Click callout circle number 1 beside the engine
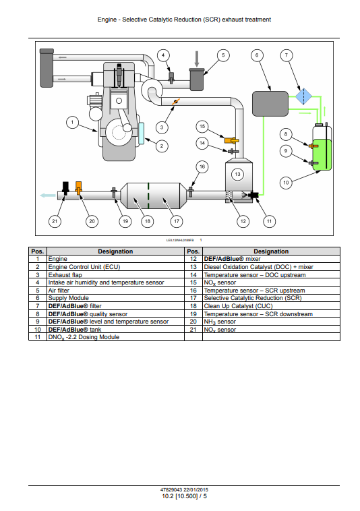(72, 123)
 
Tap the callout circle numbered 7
(287, 55)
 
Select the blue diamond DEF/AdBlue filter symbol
(303, 96)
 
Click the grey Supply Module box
(270, 104)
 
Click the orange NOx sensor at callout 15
(231, 140)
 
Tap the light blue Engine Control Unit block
(141, 133)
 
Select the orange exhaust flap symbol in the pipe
(175, 102)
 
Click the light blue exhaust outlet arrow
(48, 196)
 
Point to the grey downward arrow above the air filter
(197, 59)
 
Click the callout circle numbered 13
(237, 174)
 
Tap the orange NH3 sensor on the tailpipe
(78, 188)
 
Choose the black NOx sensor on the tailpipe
(65, 188)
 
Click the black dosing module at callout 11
(253, 196)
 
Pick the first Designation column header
(116, 251)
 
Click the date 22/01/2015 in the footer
(196, 489)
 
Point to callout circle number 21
(55, 221)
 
